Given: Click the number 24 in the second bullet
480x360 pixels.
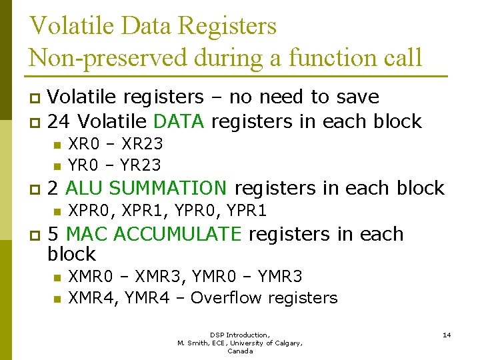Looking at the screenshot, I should (x=59, y=121).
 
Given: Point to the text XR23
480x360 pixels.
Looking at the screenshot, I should (x=143, y=143).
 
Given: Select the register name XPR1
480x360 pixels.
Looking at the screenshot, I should (x=145, y=211).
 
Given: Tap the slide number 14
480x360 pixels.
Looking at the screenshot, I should (x=447, y=335).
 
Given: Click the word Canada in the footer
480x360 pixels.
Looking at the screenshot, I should (x=240, y=351).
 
